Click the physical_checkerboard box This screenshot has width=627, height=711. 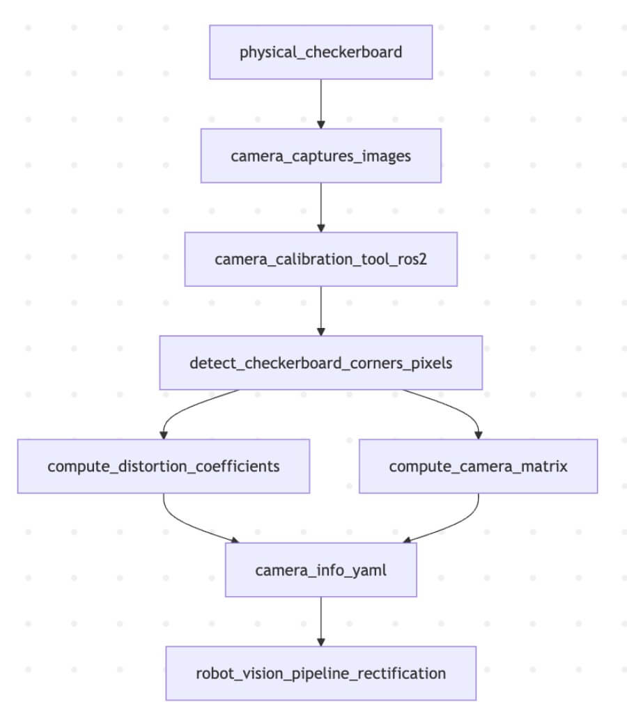pyautogui.click(x=320, y=52)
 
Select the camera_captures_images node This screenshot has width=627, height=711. pyautogui.click(x=320, y=155)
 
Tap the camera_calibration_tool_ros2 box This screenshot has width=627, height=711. pyautogui.click(x=320, y=259)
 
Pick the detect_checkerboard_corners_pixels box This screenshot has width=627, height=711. pyautogui.click(x=320, y=363)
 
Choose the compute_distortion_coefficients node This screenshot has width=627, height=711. pyautogui.click(x=163, y=466)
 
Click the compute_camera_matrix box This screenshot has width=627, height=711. pyautogui.click(x=478, y=466)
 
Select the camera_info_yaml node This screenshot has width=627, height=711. pyautogui.click(x=320, y=570)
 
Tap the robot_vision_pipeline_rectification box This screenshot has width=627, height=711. pyautogui.click(x=320, y=673)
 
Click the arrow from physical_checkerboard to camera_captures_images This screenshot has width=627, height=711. pyautogui.click(x=320, y=102)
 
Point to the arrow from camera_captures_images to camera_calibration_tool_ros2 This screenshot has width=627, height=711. pyautogui.click(x=320, y=205)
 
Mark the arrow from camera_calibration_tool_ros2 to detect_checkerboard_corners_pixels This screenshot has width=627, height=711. pyautogui.click(x=320, y=309)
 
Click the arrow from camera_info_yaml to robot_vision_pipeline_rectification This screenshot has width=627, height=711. pyautogui.click(x=320, y=620)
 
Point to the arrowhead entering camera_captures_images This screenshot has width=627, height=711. pyautogui.click(x=320, y=124)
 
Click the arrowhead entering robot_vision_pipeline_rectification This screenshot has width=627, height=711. pyautogui.click(x=320, y=641)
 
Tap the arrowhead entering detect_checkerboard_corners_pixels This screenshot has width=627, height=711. pyautogui.click(x=320, y=331)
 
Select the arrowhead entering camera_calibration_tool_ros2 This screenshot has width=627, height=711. pyautogui.click(x=320, y=228)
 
